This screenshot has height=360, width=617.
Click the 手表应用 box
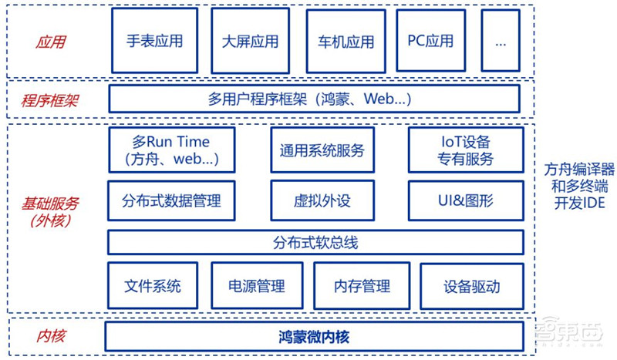click(155, 41)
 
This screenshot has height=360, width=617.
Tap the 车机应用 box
click(345, 41)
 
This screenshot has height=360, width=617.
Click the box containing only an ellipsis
click(501, 41)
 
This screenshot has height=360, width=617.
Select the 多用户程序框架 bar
click(314, 99)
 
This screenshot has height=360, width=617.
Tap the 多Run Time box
click(170, 150)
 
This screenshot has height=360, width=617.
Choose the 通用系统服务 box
click(322, 150)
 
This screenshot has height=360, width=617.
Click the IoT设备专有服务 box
click(466, 150)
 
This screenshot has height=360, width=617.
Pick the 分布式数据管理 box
click(170, 201)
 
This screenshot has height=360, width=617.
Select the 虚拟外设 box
click(322, 201)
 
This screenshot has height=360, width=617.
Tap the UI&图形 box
click(466, 201)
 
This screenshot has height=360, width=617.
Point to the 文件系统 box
click(152, 286)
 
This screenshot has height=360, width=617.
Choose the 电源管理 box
click(256, 286)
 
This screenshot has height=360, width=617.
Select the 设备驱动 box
click(471, 287)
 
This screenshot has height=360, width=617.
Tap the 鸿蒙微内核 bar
click(314, 336)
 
